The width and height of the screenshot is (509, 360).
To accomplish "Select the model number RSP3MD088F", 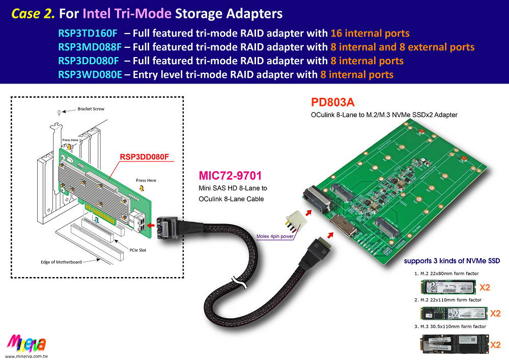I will (89, 47).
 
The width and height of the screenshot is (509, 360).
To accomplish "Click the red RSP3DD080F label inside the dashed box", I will (144, 157).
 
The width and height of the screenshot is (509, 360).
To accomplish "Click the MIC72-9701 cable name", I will (230, 176).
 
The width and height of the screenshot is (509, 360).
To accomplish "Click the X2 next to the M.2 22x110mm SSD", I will (495, 313).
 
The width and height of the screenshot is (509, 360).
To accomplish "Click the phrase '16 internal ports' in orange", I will (370, 34).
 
